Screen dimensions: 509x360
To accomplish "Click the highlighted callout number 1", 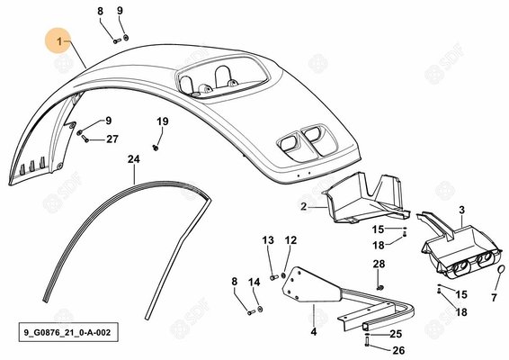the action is [x=59, y=41].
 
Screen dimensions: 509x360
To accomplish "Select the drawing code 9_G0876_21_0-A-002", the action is [x=67, y=332].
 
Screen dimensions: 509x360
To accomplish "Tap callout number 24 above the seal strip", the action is [x=134, y=159].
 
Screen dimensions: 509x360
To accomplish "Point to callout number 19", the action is [x=163, y=121].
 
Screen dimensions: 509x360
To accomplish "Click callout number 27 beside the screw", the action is [x=112, y=139].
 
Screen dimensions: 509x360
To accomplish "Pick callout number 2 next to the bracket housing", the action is [x=304, y=206].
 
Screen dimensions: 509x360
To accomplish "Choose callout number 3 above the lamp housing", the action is [x=462, y=210].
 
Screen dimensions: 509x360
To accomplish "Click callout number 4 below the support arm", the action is [x=314, y=332].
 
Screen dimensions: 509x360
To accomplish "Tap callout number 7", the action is [x=494, y=297].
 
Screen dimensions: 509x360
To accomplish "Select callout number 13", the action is [x=268, y=240].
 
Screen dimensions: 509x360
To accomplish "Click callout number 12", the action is [x=290, y=240].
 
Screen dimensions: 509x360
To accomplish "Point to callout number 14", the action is [x=254, y=282].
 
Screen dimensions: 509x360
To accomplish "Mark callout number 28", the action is [x=379, y=264].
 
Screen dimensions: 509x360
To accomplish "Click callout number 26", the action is [x=399, y=350].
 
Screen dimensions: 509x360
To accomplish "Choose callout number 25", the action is [x=396, y=334].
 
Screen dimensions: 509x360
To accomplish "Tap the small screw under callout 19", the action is [x=156, y=148].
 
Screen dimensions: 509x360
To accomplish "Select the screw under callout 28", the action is [x=380, y=287].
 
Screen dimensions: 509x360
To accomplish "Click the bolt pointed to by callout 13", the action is [x=274, y=277].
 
